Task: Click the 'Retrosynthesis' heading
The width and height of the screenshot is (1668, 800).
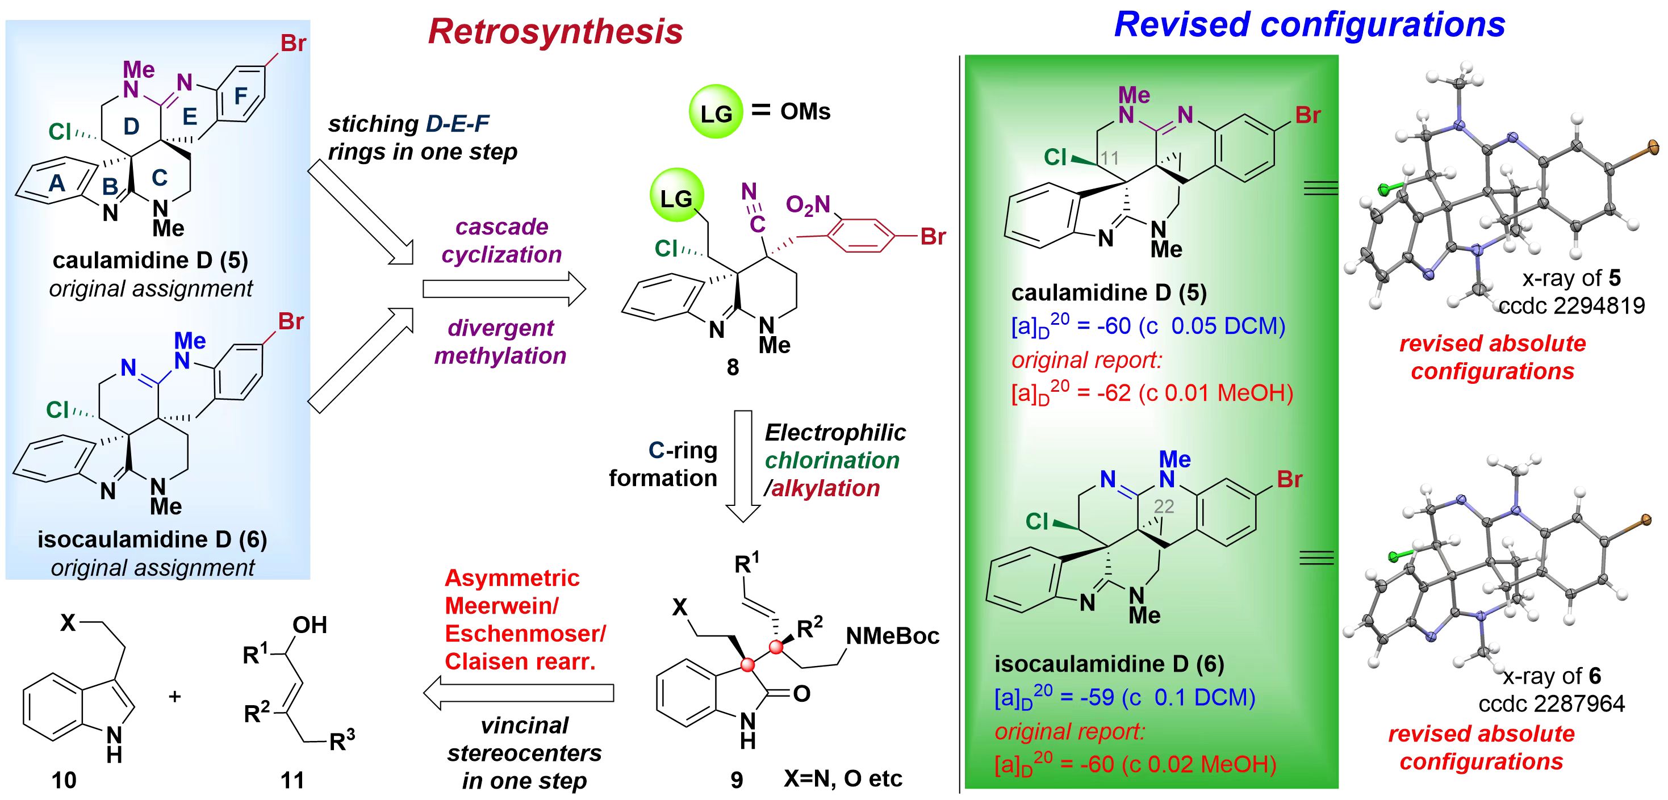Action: tap(555, 31)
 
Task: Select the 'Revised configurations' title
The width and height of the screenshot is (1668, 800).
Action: tap(1309, 24)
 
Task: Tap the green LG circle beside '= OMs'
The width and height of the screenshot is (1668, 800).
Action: tap(714, 112)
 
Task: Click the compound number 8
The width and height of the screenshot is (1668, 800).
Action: tap(732, 368)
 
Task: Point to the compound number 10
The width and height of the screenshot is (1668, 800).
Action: tap(64, 781)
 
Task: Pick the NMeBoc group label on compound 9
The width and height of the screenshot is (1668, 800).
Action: tap(892, 636)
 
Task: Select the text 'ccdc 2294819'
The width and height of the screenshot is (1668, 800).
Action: tap(1571, 305)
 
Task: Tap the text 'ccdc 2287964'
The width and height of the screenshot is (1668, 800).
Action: tap(1552, 703)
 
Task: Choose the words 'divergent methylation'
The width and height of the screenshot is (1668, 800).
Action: tap(500, 342)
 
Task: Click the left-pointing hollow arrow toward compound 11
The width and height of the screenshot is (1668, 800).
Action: tap(518, 693)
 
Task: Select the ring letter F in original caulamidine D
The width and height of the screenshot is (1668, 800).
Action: tap(240, 96)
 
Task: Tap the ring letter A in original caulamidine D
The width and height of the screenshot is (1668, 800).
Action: tap(57, 183)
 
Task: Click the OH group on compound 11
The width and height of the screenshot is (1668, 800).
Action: tap(310, 625)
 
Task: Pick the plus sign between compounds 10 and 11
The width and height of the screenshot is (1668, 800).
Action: tap(174, 697)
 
